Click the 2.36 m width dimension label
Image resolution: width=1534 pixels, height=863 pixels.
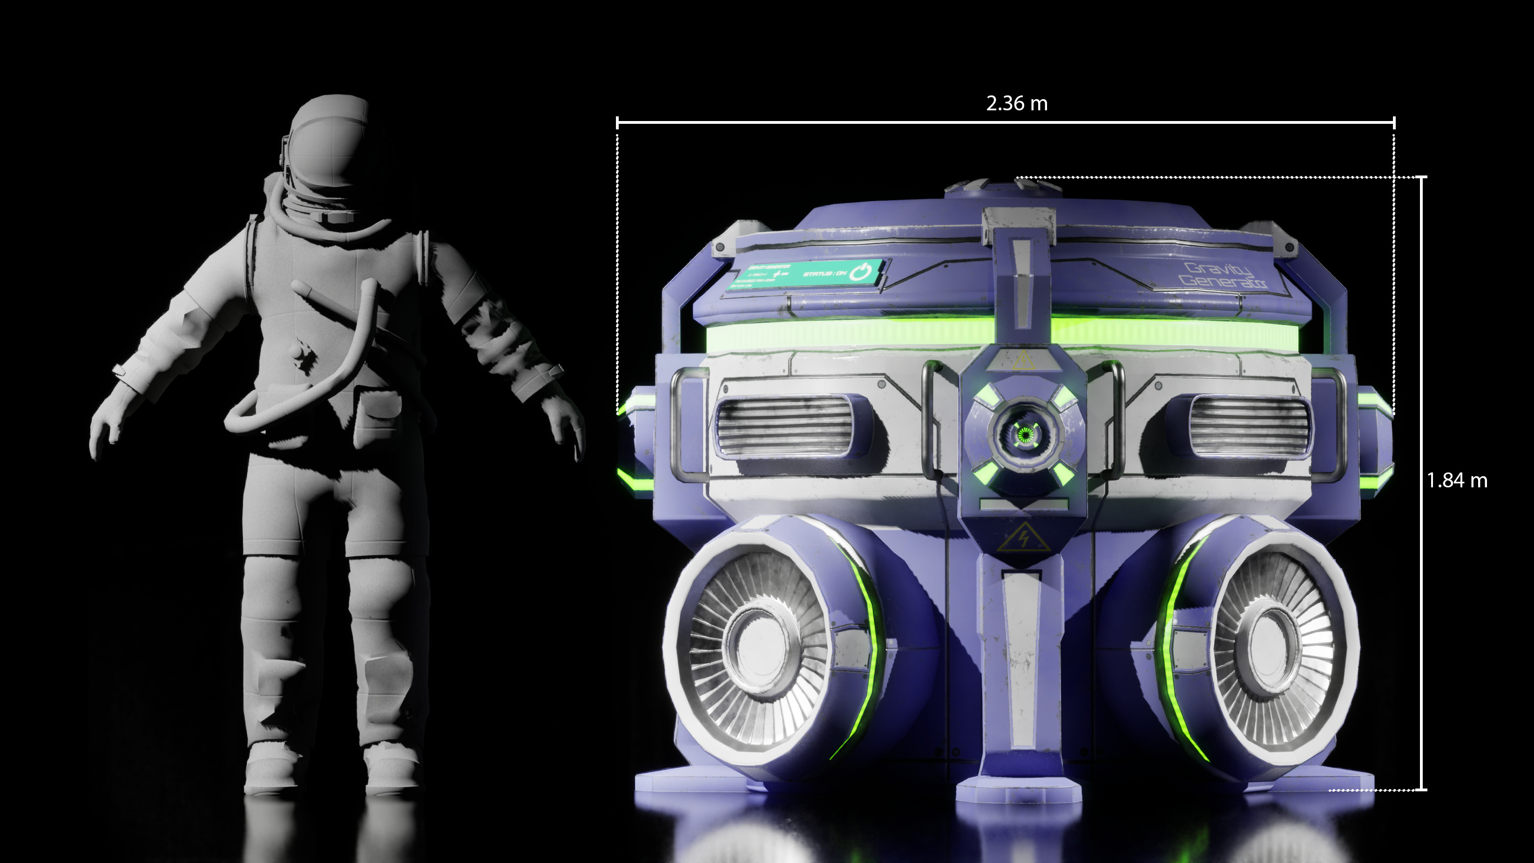tap(1016, 104)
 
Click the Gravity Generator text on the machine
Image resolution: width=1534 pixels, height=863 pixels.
tap(1223, 276)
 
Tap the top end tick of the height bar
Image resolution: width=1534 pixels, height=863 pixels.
tap(1422, 177)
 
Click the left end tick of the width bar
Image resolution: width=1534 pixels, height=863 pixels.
tap(617, 123)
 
